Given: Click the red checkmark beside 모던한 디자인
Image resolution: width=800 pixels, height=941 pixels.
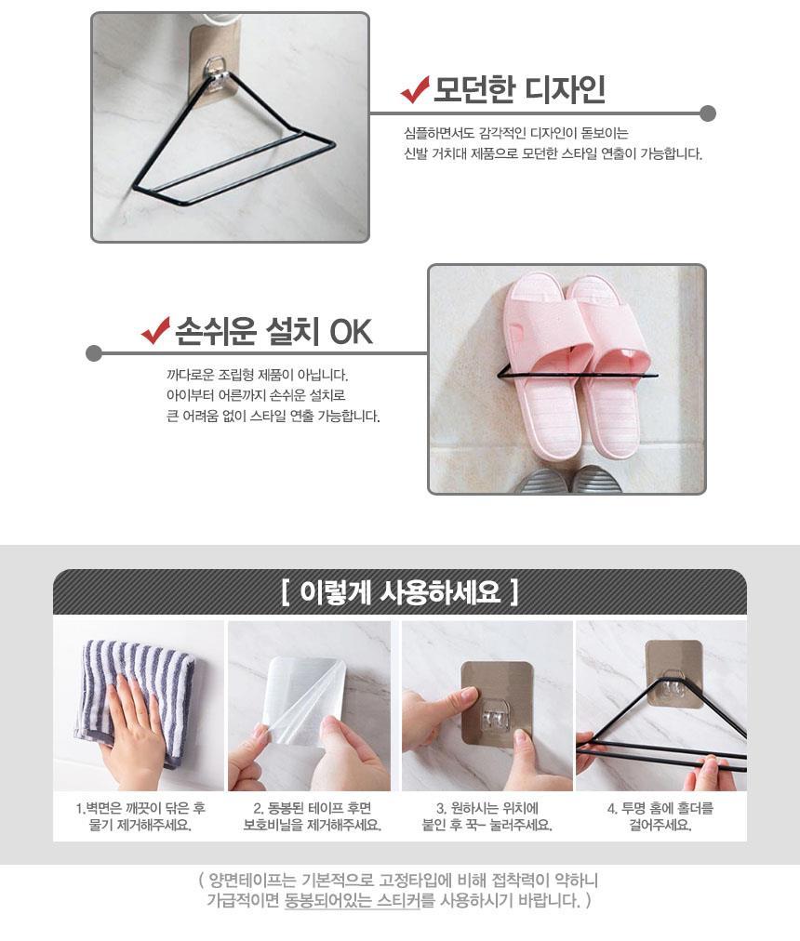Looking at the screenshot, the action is (x=414, y=89).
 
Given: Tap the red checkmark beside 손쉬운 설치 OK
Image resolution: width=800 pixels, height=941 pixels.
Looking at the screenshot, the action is (x=155, y=331).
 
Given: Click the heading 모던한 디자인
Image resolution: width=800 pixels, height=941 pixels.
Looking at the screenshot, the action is (x=519, y=90).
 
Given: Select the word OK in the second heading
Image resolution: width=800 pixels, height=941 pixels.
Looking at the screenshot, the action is (x=351, y=332).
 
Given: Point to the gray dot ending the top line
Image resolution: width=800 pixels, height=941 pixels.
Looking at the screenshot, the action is (x=708, y=113).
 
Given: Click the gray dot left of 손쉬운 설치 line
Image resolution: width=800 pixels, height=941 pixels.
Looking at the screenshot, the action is (x=94, y=353).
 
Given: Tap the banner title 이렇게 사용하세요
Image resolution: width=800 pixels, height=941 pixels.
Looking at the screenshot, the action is (x=399, y=592).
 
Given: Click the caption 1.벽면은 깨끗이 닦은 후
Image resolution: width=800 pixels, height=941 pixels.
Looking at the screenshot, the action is (x=140, y=808).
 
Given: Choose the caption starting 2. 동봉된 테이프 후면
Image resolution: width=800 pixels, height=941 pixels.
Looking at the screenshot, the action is (x=312, y=808).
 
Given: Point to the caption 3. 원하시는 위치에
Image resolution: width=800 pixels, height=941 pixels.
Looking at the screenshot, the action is (x=487, y=808).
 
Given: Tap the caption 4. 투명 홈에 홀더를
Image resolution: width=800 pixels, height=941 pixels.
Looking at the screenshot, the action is (x=660, y=808).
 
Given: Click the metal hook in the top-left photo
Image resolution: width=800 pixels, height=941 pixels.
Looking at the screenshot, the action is (x=216, y=72).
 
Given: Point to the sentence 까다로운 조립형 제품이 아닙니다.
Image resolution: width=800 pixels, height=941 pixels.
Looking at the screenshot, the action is (x=257, y=376).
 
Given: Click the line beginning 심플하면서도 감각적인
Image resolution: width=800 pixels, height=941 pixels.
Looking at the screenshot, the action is (x=516, y=133).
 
